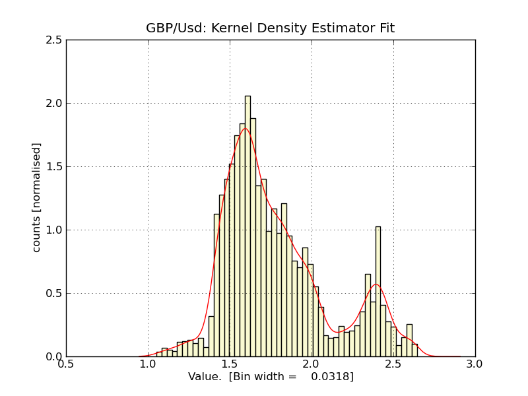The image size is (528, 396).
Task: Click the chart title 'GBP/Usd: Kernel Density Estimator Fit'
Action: point(270,28)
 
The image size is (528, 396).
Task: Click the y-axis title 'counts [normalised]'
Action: point(37,197)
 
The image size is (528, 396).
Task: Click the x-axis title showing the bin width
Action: point(271,376)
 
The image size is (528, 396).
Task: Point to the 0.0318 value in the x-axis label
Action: point(333,376)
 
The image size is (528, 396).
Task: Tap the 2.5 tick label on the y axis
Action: point(55,40)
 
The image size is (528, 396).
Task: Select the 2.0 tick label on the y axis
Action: point(55,104)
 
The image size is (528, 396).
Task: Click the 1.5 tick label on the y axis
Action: point(55,167)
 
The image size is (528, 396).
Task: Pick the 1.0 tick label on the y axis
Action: point(55,230)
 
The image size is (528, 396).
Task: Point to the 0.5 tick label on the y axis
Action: point(55,294)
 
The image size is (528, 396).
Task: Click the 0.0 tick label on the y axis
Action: point(55,357)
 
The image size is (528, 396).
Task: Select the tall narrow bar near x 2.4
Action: point(378,290)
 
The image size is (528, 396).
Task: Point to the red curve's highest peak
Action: point(245,128)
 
